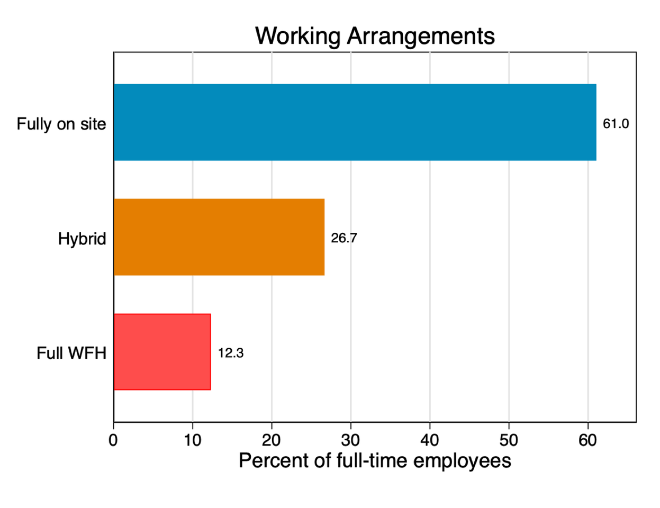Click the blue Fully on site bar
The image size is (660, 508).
355,122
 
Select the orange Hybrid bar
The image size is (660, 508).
219,237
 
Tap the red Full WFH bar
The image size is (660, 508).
162,352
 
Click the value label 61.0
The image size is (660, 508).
616,124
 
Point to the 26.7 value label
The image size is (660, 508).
344,238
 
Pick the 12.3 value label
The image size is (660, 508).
231,353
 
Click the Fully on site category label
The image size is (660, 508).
61,124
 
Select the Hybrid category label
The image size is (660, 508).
82,239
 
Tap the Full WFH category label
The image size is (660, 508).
71,353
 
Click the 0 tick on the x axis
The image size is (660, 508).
113,440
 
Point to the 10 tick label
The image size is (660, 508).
193,440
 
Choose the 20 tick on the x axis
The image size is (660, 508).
272,440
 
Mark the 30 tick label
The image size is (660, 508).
350,440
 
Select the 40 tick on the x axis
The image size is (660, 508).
430,440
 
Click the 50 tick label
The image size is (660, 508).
509,440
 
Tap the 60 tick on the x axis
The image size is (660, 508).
587,440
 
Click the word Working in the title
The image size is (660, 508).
298,36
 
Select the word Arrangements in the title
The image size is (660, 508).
421,36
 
